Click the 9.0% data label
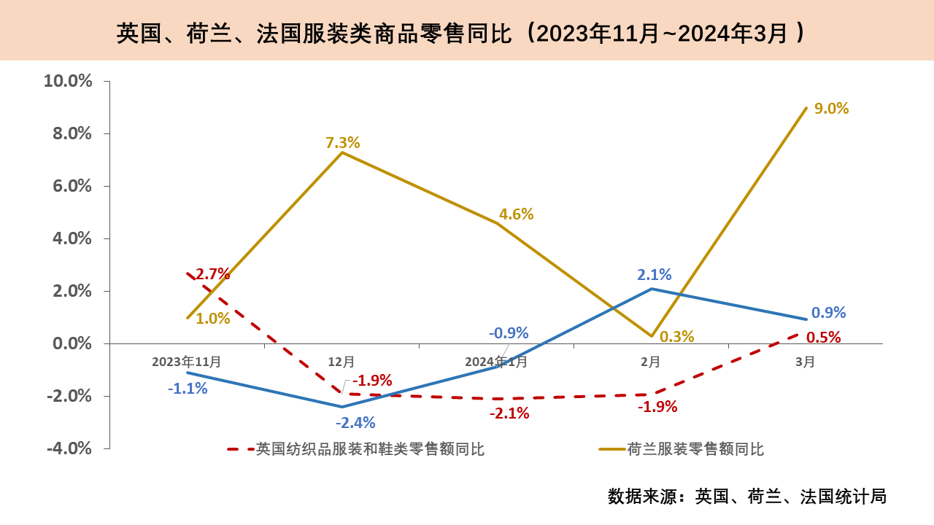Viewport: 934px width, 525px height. pyautogui.click(x=832, y=109)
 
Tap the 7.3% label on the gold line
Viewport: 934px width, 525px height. pyautogui.click(x=343, y=143)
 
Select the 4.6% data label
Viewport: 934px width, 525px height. pyautogui.click(x=517, y=214)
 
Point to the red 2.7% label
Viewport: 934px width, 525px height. pyautogui.click(x=212, y=274)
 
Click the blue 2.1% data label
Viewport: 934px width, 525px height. pyautogui.click(x=655, y=275)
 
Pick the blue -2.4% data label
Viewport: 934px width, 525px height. pyautogui.click(x=355, y=423)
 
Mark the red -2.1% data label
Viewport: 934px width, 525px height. pyautogui.click(x=509, y=413)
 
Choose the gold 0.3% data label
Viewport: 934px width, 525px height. pyautogui.click(x=677, y=337)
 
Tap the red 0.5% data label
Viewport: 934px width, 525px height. pyautogui.click(x=824, y=338)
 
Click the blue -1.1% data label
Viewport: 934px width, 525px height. pyautogui.click(x=188, y=389)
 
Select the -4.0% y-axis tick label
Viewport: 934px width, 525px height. pyautogui.click(x=69, y=448)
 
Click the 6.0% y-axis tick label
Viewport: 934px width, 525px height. pyautogui.click(x=72, y=186)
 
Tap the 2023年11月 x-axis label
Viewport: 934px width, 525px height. pyautogui.click(x=187, y=362)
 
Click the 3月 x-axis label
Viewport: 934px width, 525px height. pyautogui.click(x=806, y=362)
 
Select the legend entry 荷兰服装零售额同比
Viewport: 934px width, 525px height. pyautogui.click(x=695, y=449)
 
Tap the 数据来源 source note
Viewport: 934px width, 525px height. pyautogui.click(x=747, y=497)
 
